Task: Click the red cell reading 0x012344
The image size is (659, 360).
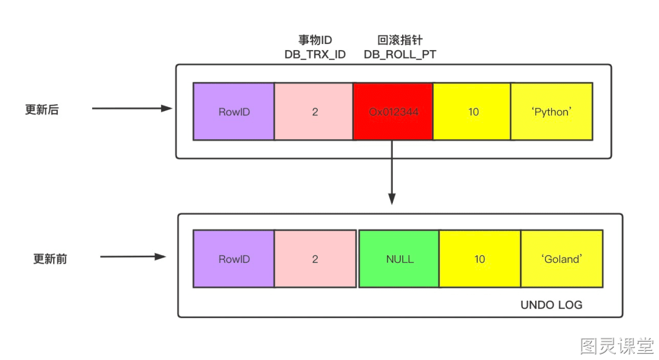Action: (x=393, y=111)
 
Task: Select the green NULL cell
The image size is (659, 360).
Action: (x=399, y=259)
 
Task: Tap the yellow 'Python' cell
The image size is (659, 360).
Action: (x=552, y=111)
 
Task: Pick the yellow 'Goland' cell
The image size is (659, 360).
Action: (x=562, y=259)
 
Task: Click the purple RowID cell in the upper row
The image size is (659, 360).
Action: (x=234, y=111)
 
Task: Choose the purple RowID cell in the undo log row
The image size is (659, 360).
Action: (x=234, y=259)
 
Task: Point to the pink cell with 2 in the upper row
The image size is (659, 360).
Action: (x=314, y=111)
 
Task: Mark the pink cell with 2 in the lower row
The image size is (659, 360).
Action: (x=315, y=259)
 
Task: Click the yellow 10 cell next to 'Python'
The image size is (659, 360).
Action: (x=472, y=111)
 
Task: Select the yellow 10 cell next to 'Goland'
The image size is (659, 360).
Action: (x=480, y=259)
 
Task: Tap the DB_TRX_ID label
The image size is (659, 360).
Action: (x=315, y=54)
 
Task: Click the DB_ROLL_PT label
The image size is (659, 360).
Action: (x=400, y=54)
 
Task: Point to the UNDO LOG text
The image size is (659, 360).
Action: (x=552, y=305)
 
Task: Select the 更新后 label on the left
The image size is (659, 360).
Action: (x=42, y=110)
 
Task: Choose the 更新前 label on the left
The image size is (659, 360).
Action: (x=50, y=259)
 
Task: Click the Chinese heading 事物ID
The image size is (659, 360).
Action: (x=315, y=40)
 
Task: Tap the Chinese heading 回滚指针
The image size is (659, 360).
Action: (x=400, y=40)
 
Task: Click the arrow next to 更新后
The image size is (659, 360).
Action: (x=132, y=109)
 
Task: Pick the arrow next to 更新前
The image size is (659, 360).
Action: (x=133, y=257)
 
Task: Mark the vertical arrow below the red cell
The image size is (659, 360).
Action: (x=392, y=172)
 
